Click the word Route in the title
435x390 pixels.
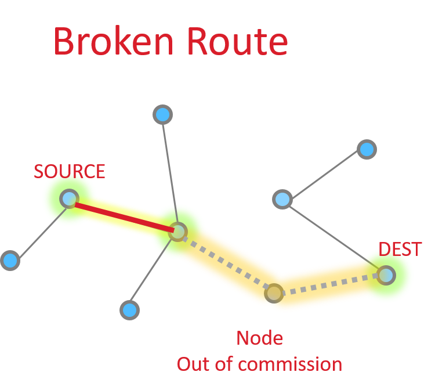click(237, 42)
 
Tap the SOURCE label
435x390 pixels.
click(69, 172)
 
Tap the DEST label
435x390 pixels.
click(400, 250)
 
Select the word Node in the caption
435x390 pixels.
click(259, 338)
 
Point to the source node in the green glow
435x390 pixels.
click(69, 199)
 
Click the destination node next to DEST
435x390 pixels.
click(386, 275)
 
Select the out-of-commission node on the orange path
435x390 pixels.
click(274, 293)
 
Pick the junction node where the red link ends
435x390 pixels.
click(177, 232)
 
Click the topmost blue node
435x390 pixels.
click(163, 115)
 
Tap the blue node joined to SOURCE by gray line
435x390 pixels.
click(10, 261)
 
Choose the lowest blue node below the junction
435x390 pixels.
click(130, 310)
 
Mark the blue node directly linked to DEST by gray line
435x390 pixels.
click(282, 200)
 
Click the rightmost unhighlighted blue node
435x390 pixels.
click(367, 150)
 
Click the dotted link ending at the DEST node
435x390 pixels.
click(331, 284)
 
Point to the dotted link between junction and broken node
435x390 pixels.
click(226, 263)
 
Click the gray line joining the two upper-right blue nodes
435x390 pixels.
click(325, 175)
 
